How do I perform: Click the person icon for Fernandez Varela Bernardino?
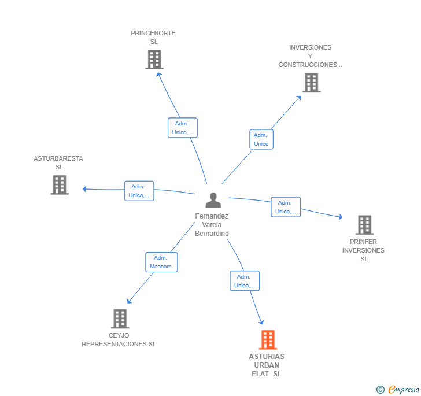click(213, 200)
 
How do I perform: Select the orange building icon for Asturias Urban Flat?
click(268, 339)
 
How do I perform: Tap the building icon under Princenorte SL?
click(154, 60)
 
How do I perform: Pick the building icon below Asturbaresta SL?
click(60, 185)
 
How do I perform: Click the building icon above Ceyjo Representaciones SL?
click(120, 319)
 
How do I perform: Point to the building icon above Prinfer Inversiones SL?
click(364, 225)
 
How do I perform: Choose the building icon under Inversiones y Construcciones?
click(312, 83)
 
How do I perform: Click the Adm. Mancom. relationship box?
click(161, 262)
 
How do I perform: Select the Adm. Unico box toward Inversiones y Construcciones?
click(261, 139)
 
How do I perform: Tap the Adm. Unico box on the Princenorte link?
click(183, 128)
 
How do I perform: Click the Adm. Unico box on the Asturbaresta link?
click(139, 191)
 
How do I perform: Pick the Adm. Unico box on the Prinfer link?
click(286, 207)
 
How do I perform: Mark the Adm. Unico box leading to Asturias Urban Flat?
click(245, 281)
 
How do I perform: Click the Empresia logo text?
click(404, 389)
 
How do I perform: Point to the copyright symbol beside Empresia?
click(380, 389)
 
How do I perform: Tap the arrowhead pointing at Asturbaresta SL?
click(84, 189)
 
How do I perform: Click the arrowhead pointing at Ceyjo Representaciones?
click(129, 301)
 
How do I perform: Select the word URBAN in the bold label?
click(267, 365)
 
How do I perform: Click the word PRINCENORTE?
click(153, 33)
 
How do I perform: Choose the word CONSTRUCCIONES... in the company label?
click(310, 65)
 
